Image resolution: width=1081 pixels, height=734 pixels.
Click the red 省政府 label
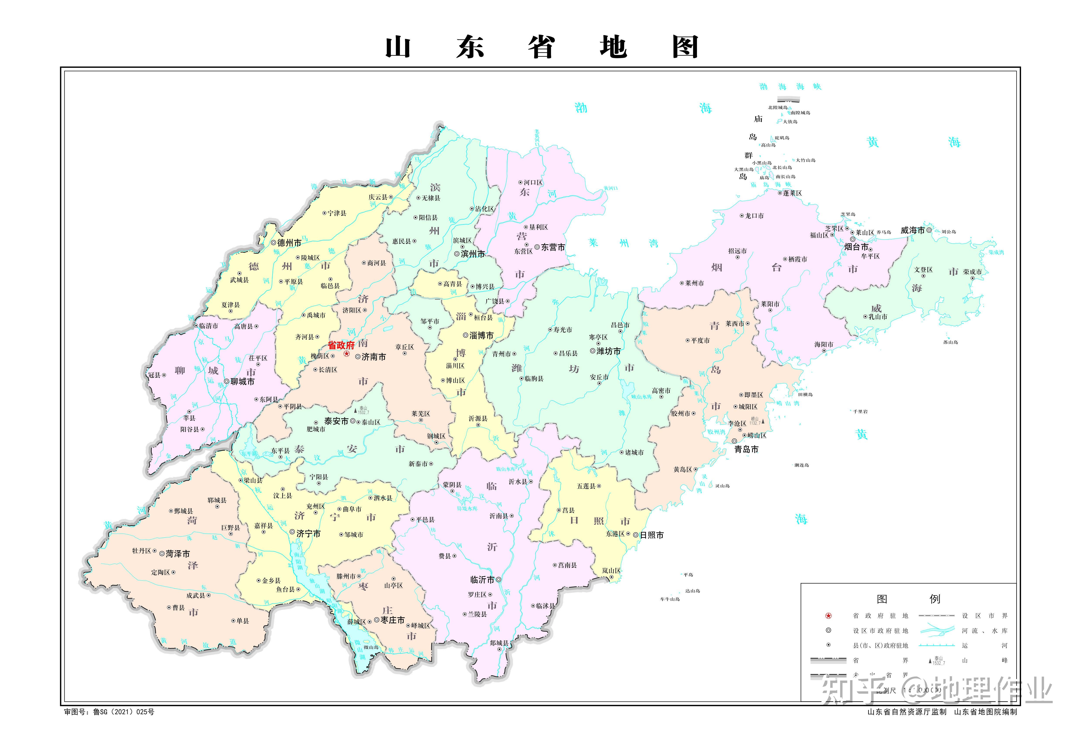tap(341, 345)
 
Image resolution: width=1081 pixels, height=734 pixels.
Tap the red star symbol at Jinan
tap(347, 354)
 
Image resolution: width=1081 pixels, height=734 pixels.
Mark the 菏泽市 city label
tap(178, 554)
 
